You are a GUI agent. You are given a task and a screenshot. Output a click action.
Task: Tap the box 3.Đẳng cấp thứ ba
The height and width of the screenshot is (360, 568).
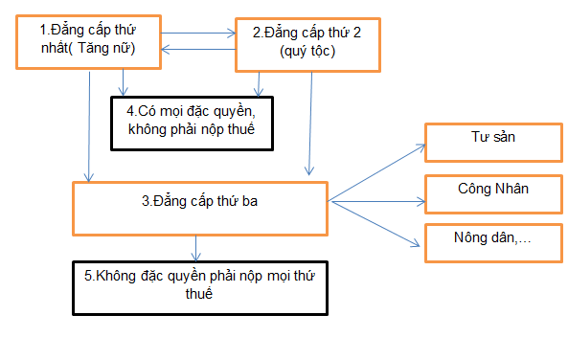(x=201, y=207)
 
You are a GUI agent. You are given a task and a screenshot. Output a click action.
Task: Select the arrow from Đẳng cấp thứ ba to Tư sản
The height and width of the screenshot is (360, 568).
(x=378, y=172)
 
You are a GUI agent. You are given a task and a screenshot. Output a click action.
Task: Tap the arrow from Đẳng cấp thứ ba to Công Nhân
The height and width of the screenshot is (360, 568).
(x=378, y=201)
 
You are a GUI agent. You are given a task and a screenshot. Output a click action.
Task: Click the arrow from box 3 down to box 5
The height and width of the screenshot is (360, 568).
(x=195, y=247)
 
